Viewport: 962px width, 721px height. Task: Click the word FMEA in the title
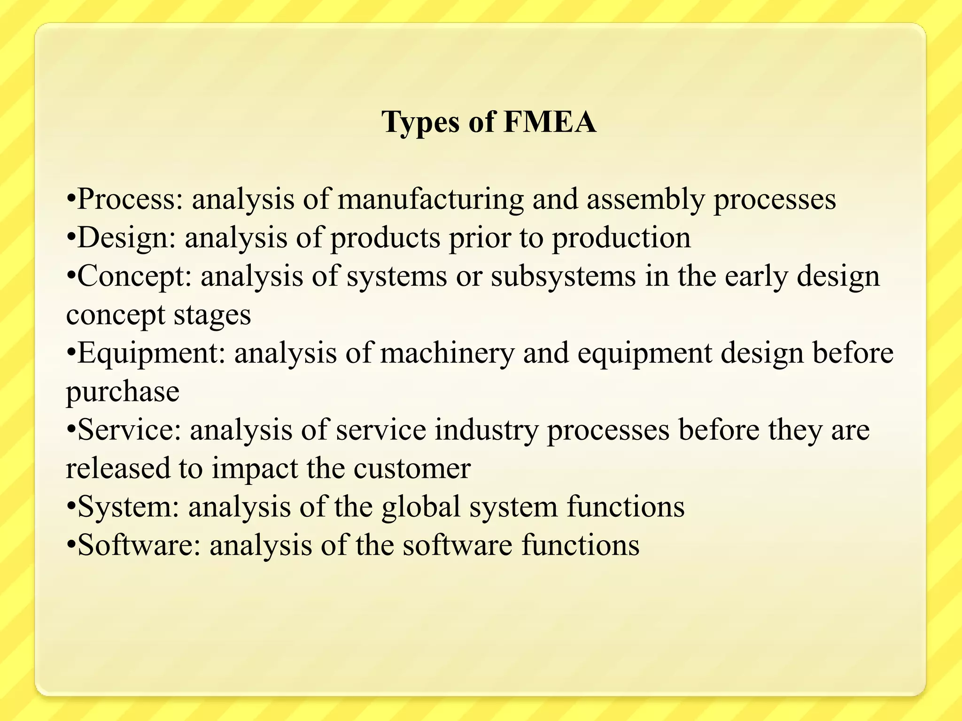[x=550, y=122]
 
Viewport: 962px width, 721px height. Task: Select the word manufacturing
[x=430, y=199]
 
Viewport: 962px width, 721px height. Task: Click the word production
[x=621, y=238]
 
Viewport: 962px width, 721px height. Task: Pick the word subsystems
[x=563, y=276]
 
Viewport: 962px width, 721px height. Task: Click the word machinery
[x=447, y=353]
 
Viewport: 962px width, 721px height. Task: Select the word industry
[x=486, y=430]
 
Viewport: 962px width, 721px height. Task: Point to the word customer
[x=412, y=468]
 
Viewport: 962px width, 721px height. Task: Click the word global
[x=421, y=507]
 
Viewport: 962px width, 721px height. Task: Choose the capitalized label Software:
[x=139, y=545]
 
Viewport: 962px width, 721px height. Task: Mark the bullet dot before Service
[x=71, y=430]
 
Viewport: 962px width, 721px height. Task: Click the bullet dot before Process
[x=71, y=199]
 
